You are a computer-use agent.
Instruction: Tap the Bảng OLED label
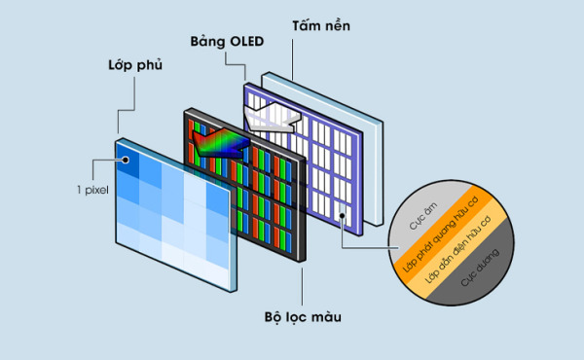(x=226, y=41)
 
